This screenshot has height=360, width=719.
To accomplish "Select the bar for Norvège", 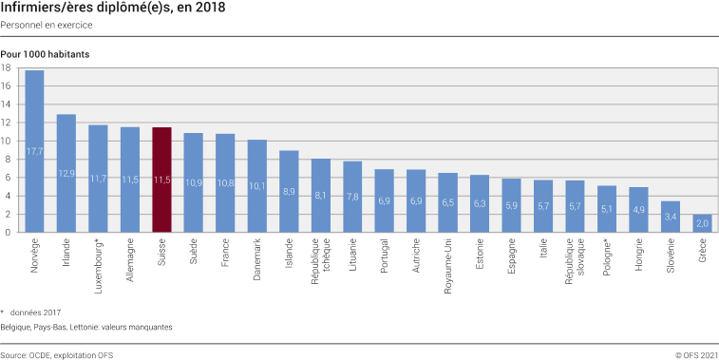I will pyautogui.click(x=34, y=151).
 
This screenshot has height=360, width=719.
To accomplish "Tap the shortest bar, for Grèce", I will pyautogui.click(x=703, y=222).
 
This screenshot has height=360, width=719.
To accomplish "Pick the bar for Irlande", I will pyautogui.click(x=66, y=173).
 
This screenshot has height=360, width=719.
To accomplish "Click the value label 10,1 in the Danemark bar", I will pyautogui.click(x=257, y=186).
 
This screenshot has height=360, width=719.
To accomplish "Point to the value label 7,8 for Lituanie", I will pyautogui.click(x=352, y=197).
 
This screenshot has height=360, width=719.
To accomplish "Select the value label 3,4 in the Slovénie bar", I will pyautogui.click(x=671, y=217).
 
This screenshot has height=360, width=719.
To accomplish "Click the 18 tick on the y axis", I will pyautogui.click(x=7, y=68).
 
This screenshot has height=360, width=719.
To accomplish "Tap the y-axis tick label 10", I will pyautogui.click(x=7, y=141).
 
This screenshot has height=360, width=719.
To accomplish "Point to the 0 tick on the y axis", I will pyautogui.click(x=9, y=232).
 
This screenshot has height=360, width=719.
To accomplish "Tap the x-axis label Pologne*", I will pyautogui.click(x=609, y=258).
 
